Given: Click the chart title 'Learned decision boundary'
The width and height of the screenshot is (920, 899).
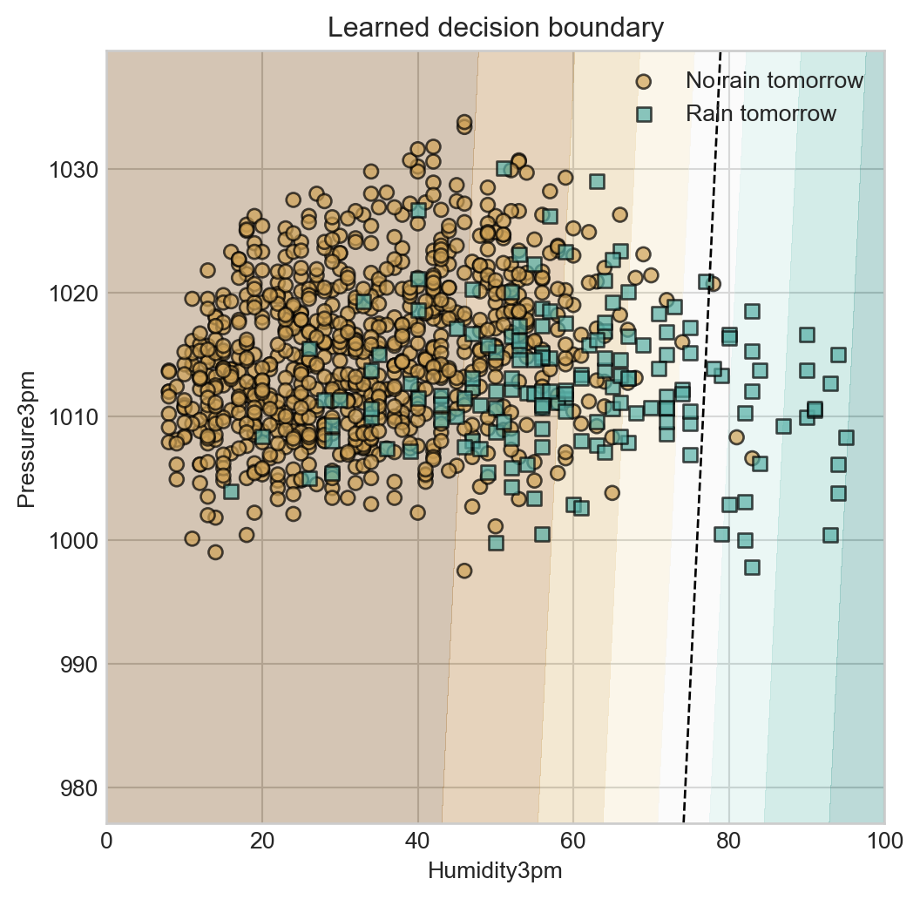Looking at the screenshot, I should tap(496, 28).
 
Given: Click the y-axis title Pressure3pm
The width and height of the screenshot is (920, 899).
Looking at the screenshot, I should tap(27, 436).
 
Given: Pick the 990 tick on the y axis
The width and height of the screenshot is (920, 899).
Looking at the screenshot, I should tap(79, 665).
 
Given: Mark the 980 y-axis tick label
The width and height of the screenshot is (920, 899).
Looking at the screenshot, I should tap(79, 788).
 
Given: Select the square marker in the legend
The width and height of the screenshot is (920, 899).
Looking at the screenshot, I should tap(644, 114).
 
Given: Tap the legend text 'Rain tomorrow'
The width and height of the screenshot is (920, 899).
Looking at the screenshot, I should tap(761, 114).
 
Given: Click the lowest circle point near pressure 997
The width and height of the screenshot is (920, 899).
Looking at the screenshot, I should tap(464, 571).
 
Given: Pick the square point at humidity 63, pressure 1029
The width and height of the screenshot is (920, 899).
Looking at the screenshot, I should tap(597, 181).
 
